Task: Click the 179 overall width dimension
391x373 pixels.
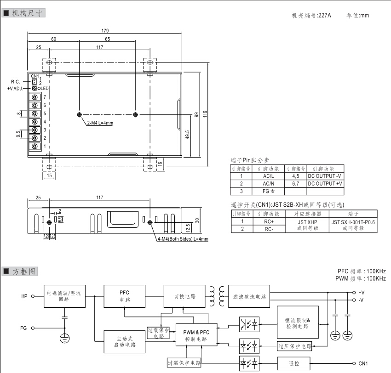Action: (x=105, y=31)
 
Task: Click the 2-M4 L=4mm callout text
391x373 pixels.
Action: (x=100, y=123)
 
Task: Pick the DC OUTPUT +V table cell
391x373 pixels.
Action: (x=325, y=183)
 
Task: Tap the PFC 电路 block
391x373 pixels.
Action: (x=125, y=296)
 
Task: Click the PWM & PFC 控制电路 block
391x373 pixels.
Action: (x=195, y=335)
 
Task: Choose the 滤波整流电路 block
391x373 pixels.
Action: (x=249, y=296)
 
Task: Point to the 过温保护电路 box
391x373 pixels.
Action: (x=184, y=363)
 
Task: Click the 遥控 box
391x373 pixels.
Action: (x=293, y=363)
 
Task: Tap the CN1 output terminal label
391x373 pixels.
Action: (x=363, y=363)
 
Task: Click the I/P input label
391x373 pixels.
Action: (x=24, y=296)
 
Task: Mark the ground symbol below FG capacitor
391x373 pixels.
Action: (x=64, y=339)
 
